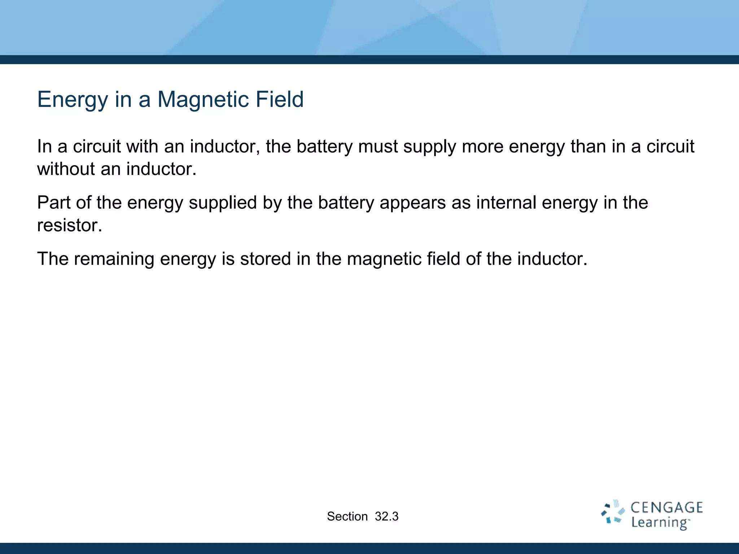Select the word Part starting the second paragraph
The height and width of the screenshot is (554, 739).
click(53, 202)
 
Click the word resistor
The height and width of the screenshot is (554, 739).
click(69, 225)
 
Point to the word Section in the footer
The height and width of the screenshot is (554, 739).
click(347, 516)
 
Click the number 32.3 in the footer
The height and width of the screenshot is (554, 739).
click(386, 516)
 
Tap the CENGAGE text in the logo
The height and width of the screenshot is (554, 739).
click(666, 508)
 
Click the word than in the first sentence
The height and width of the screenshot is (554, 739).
click(588, 146)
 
